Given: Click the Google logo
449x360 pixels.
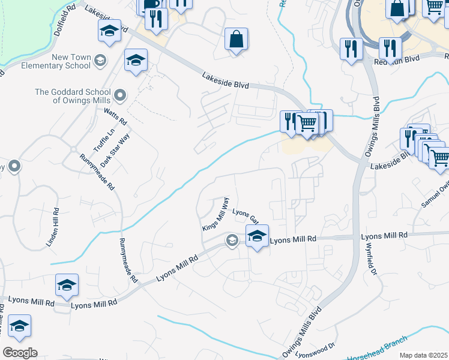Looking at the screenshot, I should click(20, 353).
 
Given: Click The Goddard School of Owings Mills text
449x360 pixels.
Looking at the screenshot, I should click(74, 96).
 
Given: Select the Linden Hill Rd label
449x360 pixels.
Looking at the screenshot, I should click(52, 227).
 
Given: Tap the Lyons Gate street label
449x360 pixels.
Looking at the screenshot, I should click(244, 214).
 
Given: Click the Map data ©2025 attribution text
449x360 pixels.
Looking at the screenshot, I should click(423, 355).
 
